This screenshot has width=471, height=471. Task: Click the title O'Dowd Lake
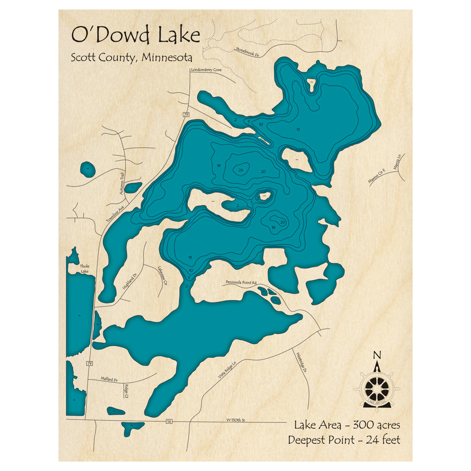point(135,35)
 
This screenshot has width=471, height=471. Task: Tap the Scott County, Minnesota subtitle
point(131,58)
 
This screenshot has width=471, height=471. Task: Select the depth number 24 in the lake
point(241,170)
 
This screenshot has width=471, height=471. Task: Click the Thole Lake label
point(84,269)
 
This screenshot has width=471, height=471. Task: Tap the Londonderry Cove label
point(206,70)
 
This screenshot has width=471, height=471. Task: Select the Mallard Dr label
point(109,379)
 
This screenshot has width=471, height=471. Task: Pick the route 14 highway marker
point(169,421)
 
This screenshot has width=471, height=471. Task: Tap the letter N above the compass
point(376,355)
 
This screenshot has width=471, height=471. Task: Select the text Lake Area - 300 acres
point(347,425)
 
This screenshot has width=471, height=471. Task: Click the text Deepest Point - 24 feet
point(344,440)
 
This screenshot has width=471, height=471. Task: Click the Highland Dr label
point(129,281)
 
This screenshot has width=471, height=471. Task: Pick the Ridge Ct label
point(126,390)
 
